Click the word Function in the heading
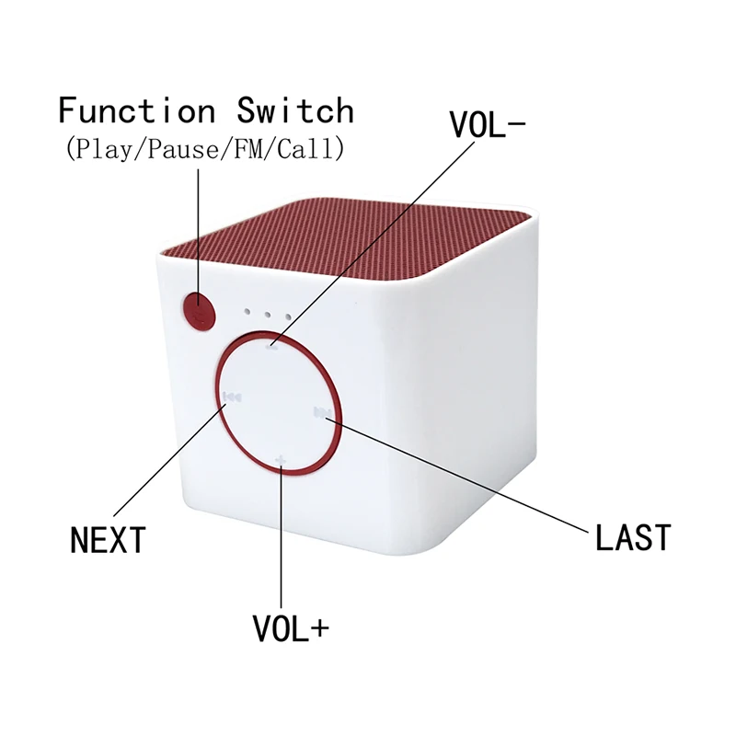[x=136, y=110]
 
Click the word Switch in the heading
[x=295, y=110]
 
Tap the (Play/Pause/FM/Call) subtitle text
[x=204, y=148]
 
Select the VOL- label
[x=487, y=125]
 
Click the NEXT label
[x=108, y=539]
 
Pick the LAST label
[x=633, y=536]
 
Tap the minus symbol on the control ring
[x=272, y=347]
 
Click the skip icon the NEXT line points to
[x=232, y=397]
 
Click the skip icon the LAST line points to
[x=321, y=411]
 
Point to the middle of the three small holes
[x=267, y=314]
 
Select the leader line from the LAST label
[x=460, y=473]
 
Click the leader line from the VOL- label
[x=368, y=245]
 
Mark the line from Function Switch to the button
[x=197, y=230]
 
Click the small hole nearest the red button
[x=246, y=311]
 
